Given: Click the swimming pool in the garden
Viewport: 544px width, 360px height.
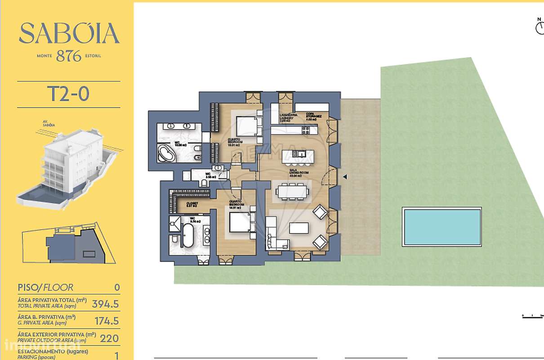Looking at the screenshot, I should pyautogui.click(x=442, y=227).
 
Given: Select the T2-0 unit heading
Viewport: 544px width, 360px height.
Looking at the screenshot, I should pyautogui.click(x=68, y=94).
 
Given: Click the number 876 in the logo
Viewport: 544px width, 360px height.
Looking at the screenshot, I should pyautogui.click(x=69, y=56).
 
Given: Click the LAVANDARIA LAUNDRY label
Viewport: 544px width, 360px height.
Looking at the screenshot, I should pyautogui.click(x=287, y=117).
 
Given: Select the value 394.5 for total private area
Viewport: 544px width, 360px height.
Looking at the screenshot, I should pyautogui.click(x=105, y=304).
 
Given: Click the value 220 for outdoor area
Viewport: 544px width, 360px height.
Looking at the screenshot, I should pyautogui.click(x=110, y=338).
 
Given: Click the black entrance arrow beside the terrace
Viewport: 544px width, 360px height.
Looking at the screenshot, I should pyautogui.click(x=345, y=177).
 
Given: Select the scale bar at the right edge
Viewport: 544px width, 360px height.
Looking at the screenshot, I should pyautogui.click(x=533, y=316).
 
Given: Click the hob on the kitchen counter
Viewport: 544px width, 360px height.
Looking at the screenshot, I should pyautogui.click(x=306, y=130).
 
